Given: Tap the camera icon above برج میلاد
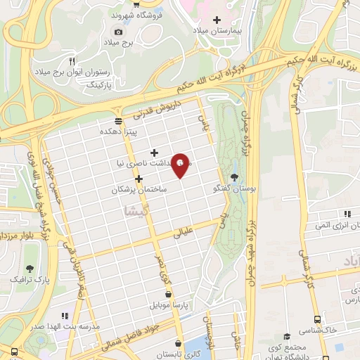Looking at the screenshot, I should pos(118,32).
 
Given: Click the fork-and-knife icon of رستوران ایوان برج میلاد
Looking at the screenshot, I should pos(71,60).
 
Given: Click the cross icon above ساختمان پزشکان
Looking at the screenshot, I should pos(139,179).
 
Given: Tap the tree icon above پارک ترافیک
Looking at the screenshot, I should pos(30,269).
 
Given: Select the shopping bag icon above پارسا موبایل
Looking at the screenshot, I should pos(168,295).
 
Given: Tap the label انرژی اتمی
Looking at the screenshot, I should pos(321,225).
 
